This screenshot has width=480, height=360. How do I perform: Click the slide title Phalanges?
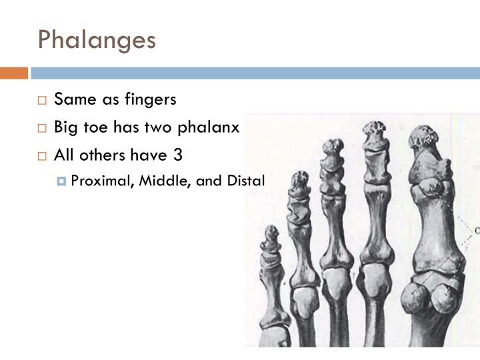[97, 39]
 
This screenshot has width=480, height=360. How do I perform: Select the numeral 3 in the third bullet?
[177, 155]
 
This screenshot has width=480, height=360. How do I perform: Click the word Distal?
[247, 181]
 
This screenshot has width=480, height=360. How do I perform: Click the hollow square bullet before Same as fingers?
[42, 100]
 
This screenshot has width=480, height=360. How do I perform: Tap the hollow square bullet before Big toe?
[42, 128]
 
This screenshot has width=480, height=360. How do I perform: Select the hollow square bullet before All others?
[42, 156]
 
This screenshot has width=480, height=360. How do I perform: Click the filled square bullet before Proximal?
[62, 181]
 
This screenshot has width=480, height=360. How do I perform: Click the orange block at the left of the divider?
[13, 73]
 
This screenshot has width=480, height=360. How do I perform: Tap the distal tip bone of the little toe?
[271, 234]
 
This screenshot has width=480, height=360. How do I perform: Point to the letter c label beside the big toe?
[477, 231]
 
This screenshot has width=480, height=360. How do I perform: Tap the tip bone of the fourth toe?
[301, 180]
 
